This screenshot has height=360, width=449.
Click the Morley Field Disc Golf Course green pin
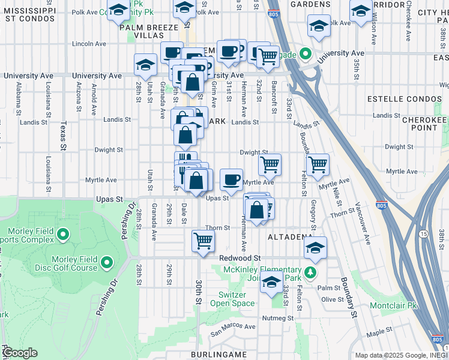pos(107,262)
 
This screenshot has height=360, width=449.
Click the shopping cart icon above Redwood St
pos(203,241)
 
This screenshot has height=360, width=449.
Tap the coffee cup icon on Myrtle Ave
pos(231,179)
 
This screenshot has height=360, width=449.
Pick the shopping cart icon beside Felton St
pos(317,163)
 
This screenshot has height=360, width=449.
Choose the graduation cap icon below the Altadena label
pos(315,247)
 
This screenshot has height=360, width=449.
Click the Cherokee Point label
pos(424,124)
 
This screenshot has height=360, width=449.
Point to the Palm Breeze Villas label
pos(149,31)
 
